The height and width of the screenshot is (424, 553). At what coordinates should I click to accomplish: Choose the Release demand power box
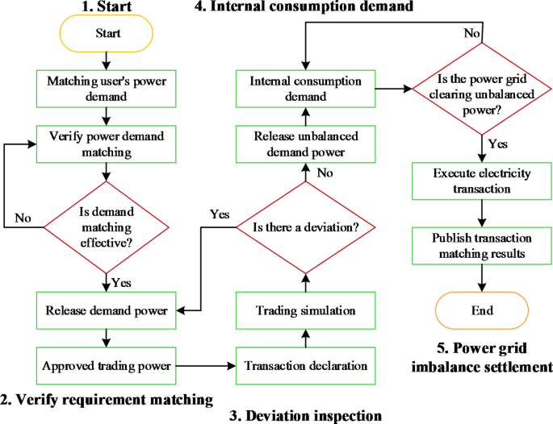(x=108, y=310)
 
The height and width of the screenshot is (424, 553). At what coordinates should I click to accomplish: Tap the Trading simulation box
(x=306, y=310)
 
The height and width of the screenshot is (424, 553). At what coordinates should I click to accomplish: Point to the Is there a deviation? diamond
(x=306, y=227)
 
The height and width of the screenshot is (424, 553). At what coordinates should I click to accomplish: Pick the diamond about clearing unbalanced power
(x=482, y=89)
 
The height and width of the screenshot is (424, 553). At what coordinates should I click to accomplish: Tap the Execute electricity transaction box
(x=482, y=181)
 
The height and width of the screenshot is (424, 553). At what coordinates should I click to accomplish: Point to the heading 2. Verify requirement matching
(x=107, y=398)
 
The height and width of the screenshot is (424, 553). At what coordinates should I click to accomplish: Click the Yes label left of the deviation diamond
(x=219, y=214)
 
